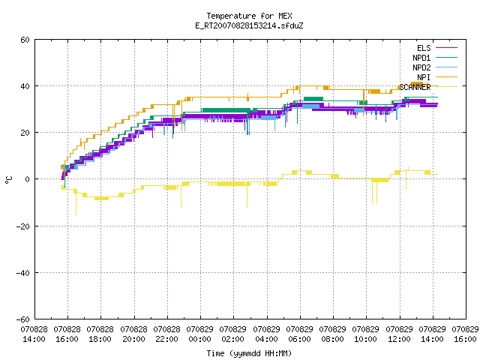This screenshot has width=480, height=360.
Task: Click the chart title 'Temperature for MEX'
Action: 249,16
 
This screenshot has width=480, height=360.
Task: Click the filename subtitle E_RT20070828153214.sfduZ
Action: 249,25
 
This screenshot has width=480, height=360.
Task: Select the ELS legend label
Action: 424,48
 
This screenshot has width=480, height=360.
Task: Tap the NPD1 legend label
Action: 421,58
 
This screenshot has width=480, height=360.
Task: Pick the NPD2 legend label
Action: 421,67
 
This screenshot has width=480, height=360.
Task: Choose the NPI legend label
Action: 424,77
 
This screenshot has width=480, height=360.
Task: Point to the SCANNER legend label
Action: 415,87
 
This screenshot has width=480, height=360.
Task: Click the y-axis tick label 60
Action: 25,40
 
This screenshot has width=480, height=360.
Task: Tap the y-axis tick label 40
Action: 25,86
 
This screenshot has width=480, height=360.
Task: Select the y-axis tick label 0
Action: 28,179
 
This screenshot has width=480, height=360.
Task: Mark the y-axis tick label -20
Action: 23,226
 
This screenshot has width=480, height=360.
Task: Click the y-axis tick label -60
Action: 23,319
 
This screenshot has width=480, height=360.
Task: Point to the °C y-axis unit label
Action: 8,180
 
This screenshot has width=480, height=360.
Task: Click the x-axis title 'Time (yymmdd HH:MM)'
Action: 249,353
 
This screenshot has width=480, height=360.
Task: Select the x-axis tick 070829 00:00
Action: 200,334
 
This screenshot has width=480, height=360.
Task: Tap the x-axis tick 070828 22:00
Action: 166,334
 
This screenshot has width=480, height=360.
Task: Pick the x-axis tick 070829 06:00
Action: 299,334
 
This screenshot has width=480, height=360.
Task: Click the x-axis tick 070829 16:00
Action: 465,334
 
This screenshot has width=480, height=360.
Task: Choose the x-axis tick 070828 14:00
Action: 34,334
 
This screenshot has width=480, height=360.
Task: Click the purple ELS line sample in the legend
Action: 447,48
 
